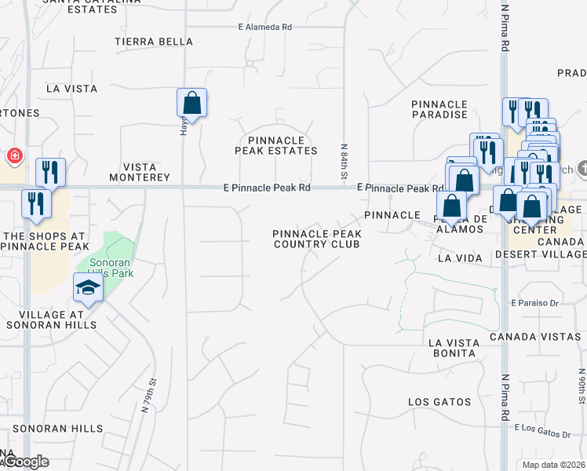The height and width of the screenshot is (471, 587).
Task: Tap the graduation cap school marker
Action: (x=89, y=288)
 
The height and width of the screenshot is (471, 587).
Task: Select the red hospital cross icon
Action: (x=14, y=156)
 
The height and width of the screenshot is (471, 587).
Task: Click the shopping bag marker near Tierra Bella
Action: (x=191, y=102)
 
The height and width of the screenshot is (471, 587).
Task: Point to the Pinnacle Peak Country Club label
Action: (x=317, y=239)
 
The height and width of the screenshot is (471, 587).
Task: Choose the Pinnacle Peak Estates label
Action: (x=278, y=144)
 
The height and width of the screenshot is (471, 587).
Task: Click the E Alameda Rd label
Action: (x=265, y=27)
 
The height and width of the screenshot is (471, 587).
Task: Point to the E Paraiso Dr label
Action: (x=534, y=302)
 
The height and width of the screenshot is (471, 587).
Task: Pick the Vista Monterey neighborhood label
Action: (x=146, y=172)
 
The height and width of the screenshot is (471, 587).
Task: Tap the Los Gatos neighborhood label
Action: (x=439, y=402)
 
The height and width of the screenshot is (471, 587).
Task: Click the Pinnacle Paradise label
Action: (x=439, y=109)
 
